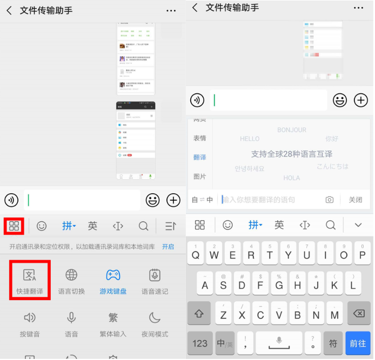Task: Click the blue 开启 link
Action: (168, 247)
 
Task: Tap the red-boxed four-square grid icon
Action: (14, 226)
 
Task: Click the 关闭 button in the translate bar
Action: (355, 200)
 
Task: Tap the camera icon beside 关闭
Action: (330, 200)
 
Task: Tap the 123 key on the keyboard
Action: (199, 343)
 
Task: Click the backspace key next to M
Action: (358, 314)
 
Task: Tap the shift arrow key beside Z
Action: (199, 314)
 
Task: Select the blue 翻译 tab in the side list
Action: (199, 157)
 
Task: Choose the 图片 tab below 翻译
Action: (199, 176)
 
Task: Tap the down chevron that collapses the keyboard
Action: (358, 225)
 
